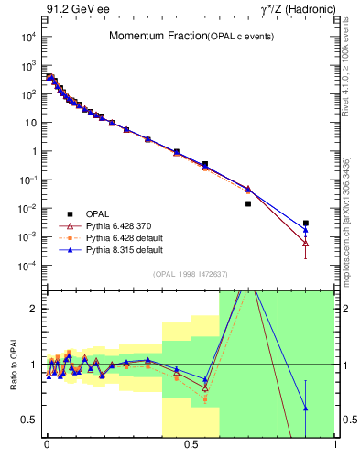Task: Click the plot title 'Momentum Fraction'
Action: tap(148, 36)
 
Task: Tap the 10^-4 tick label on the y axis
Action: tap(27, 266)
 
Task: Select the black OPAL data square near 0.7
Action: tap(248, 203)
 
